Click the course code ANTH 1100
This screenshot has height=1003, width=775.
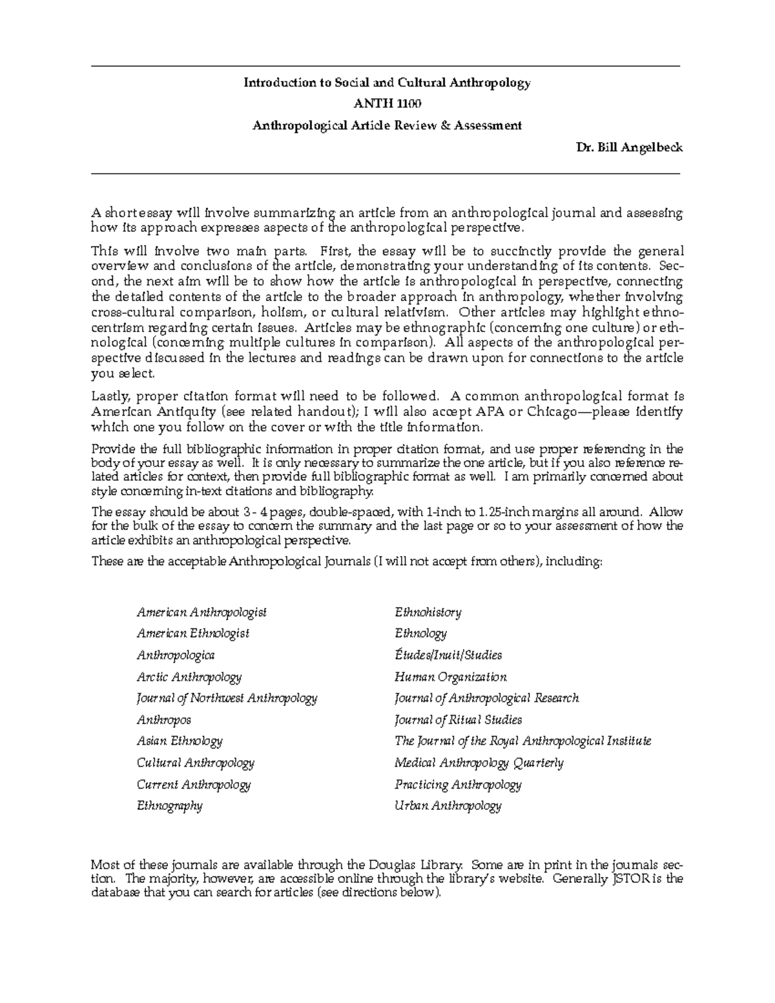tap(386, 104)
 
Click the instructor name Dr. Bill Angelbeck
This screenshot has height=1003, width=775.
tap(629, 147)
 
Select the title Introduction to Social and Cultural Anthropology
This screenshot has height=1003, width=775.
tap(386, 83)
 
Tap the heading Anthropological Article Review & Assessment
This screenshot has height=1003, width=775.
tap(386, 125)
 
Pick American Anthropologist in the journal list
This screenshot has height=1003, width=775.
tap(201, 612)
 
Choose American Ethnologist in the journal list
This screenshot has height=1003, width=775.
tap(193, 634)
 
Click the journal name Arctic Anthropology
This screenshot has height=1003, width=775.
tap(189, 677)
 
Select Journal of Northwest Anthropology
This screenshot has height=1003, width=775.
tap(227, 698)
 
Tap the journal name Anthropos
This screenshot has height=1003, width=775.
tap(164, 719)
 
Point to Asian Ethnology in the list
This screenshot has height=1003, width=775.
tap(180, 741)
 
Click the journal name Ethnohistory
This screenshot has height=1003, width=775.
tap(428, 612)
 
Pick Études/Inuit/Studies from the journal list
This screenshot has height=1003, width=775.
tap(448, 655)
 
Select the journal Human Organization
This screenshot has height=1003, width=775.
tap(451, 677)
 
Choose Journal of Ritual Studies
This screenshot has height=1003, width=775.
tap(458, 719)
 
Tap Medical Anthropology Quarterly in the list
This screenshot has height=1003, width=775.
tap(479, 763)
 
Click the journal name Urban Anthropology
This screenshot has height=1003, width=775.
tap(448, 805)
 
